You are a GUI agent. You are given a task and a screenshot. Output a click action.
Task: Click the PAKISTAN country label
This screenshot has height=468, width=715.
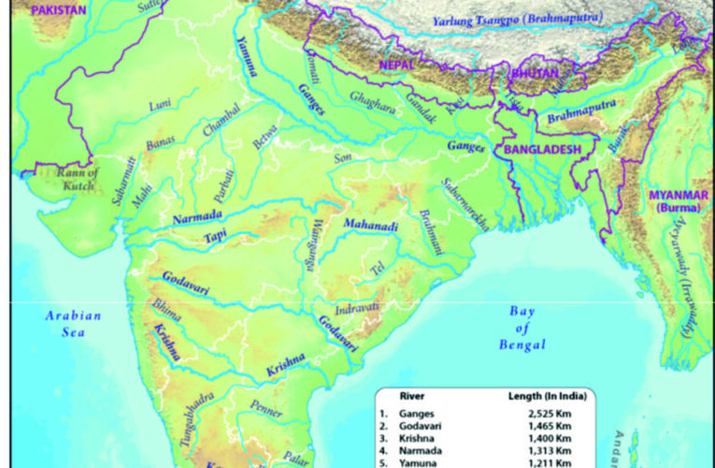click(58, 9)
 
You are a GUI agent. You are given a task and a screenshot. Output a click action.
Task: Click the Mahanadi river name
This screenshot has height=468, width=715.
click(370, 226)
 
